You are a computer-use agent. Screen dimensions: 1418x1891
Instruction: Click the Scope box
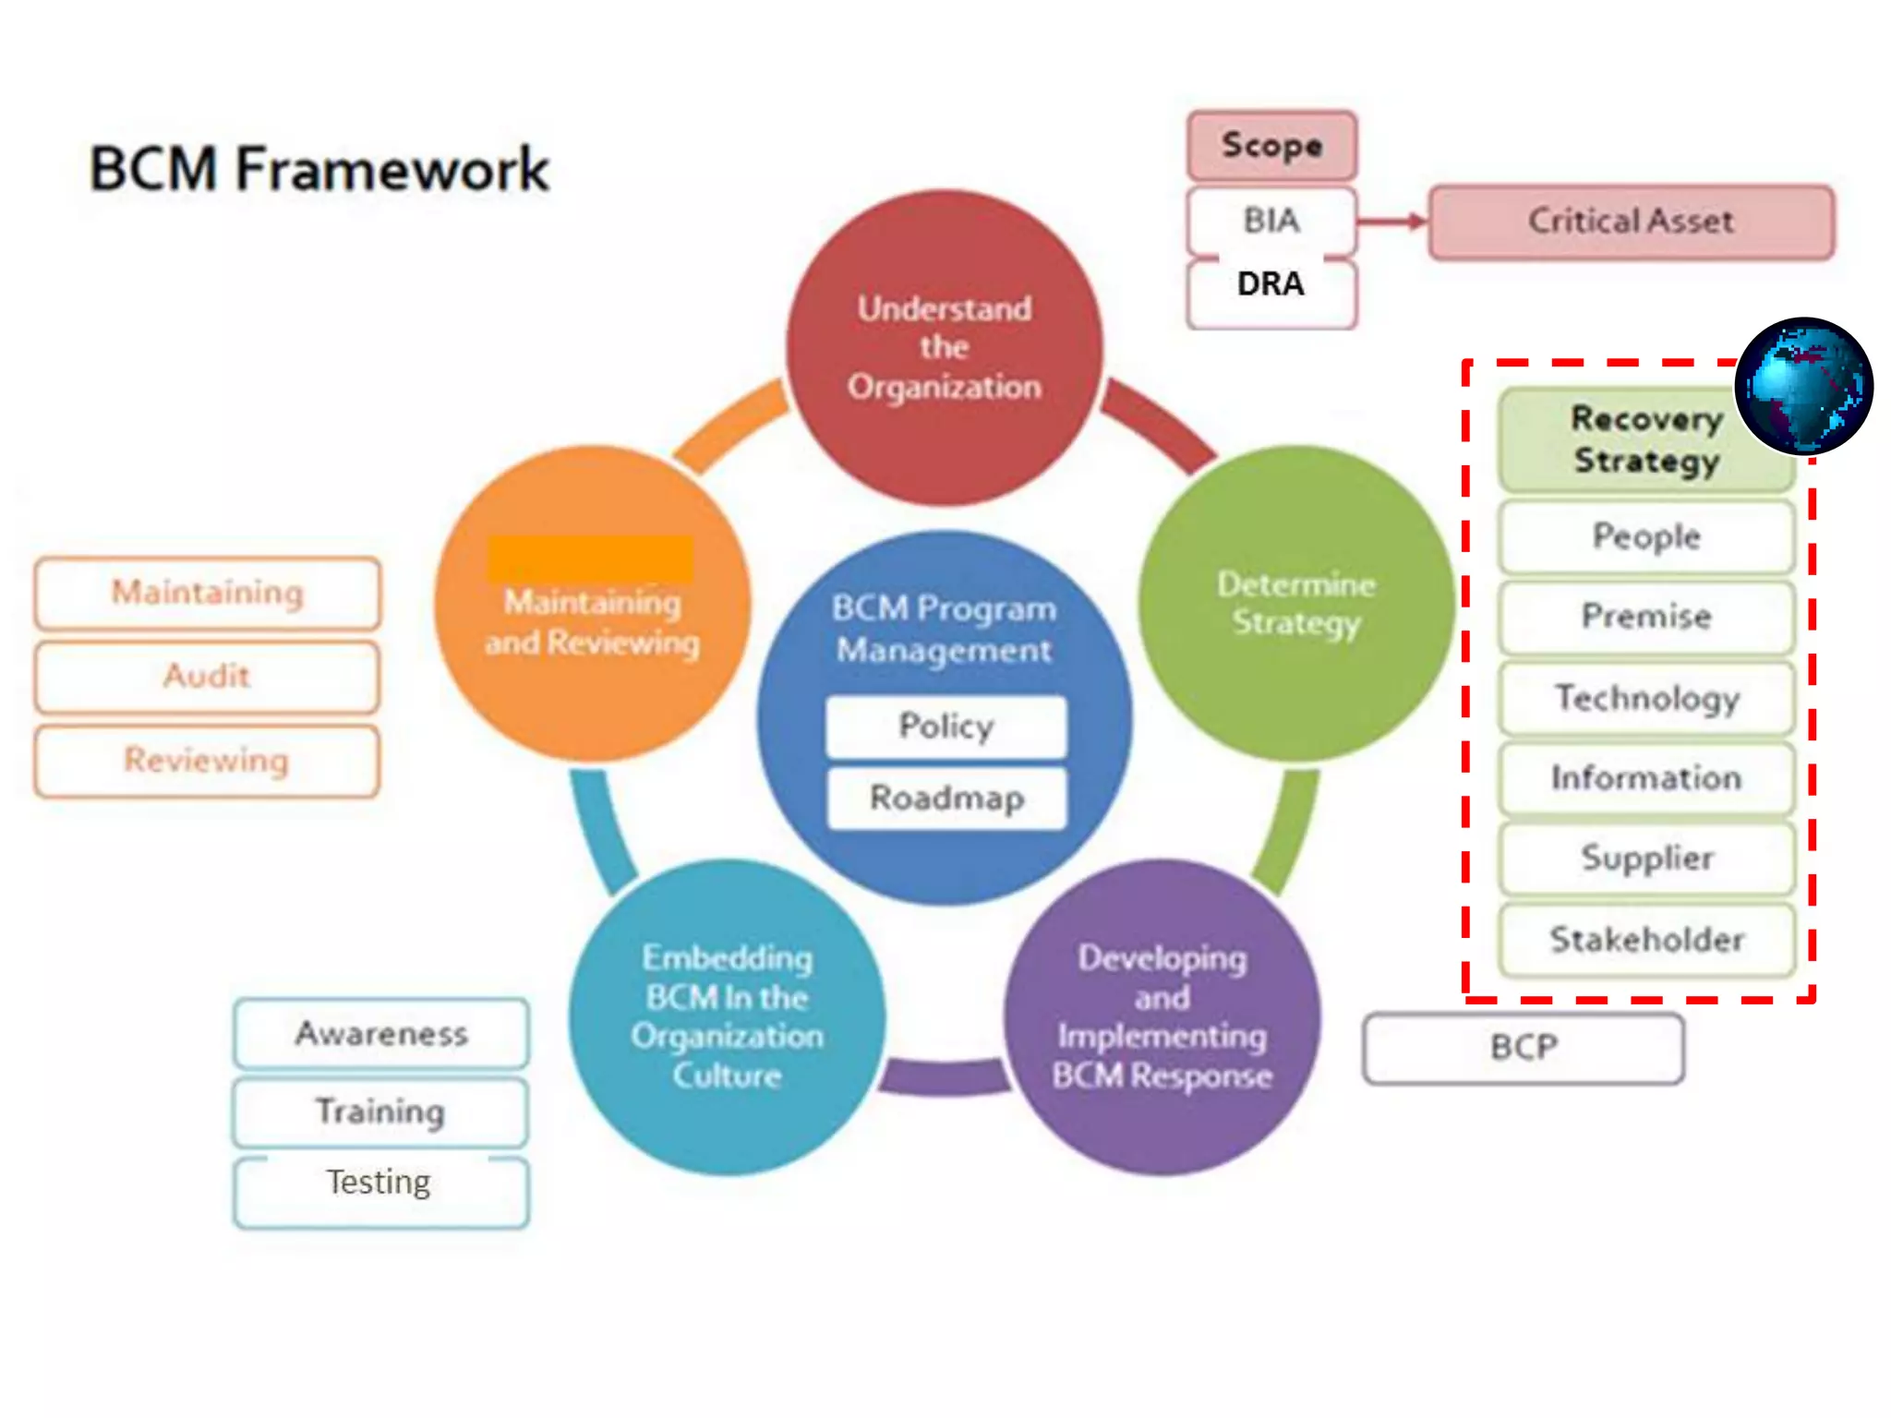[x=1271, y=146]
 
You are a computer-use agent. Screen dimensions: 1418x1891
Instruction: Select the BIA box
[x=1271, y=221]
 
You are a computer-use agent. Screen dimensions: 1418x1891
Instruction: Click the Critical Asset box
[x=1631, y=222]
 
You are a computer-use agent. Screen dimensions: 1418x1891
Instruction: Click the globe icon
[x=1803, y=386]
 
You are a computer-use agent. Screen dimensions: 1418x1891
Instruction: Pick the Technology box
[x=1646, y=698]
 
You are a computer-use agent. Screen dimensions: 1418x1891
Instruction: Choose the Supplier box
[x=1646, y=859]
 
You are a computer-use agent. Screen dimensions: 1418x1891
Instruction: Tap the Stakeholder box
[x=1646, y=940]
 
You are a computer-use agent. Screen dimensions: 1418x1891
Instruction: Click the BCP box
[x=1523, y=1048]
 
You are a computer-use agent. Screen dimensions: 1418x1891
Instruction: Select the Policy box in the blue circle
[x=945, y=727]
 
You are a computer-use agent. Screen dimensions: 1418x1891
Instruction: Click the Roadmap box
[x=946, y=798]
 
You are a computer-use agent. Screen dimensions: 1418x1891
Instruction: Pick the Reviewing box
[x=207, y=761]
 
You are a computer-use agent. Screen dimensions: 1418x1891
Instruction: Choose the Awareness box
[x=381, y=1033]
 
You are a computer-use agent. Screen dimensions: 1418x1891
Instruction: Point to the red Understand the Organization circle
[x=944, y=348]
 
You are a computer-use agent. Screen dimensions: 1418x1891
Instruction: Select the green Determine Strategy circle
[x=1295, y=603]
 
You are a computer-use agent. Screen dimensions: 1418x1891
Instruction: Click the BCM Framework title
[x=319, y=169]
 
